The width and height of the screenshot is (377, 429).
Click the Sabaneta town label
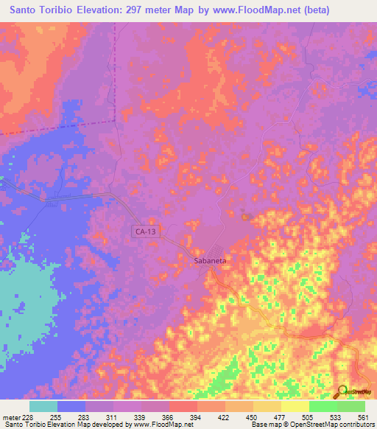coord(210,260)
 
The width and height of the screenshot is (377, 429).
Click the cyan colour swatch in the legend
coord(43,405)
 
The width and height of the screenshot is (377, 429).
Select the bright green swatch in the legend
coord(323,405)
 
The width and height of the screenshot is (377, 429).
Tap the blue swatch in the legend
coord(71,405)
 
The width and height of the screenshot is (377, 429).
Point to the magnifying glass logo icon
coord(342,391)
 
